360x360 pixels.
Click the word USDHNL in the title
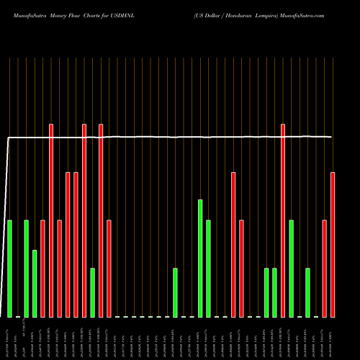[139, 14]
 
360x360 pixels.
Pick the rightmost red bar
[333, 245]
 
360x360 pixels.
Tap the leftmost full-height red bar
[51, 220]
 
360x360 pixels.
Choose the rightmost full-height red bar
[283, 220]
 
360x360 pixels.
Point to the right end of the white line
[331, 137]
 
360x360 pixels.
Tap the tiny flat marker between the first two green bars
[18, 316]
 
